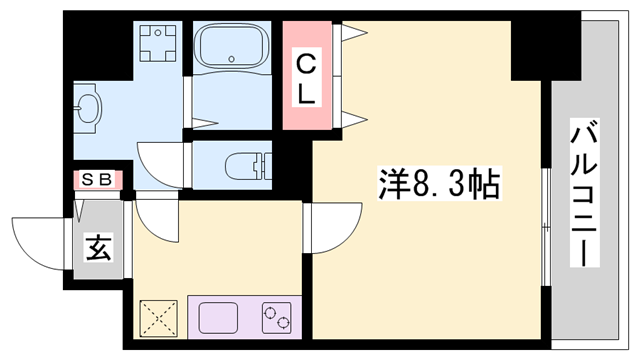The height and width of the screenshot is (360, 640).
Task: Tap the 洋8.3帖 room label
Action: click(x=438, y=185)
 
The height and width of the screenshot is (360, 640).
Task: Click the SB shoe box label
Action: click(x=97, y=180)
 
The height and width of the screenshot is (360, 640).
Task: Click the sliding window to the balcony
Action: click(x=546, y=230)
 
